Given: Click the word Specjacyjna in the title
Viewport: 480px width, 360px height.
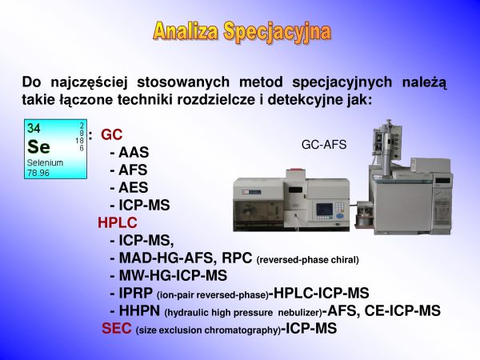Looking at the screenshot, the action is [x=277, y=31].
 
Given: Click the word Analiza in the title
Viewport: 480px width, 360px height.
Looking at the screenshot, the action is [x=186, y=30].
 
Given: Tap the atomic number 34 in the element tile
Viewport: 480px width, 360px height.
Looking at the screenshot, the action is [x=34, y=128].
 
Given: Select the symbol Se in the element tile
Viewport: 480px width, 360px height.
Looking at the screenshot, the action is [x=38, y=147].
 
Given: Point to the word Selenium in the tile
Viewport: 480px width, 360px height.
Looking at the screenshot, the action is [x=45, y=162].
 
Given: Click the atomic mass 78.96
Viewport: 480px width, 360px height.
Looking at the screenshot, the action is [x=38, y=173].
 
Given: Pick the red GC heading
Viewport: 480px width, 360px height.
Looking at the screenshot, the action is [x=111, y=134].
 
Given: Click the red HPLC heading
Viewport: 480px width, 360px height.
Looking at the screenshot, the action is [x=118, y=222].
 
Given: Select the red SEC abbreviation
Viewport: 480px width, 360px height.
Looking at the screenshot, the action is [x=117, y=328].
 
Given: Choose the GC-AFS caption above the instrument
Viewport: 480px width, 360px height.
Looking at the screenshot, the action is [x=324, y=145].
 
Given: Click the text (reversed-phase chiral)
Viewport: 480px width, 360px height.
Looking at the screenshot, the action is [x=308, y=260].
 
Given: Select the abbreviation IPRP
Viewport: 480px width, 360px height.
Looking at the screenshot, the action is [x=136, y=293].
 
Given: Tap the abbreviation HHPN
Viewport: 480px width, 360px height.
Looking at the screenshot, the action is [x=139, y=310].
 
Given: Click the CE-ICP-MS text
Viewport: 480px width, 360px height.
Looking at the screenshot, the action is [x=402, y=310].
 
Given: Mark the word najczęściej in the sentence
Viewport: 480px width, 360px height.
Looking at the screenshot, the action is [x=89, y=82].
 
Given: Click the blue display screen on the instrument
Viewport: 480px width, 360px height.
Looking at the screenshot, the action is [x=325, y=209].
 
